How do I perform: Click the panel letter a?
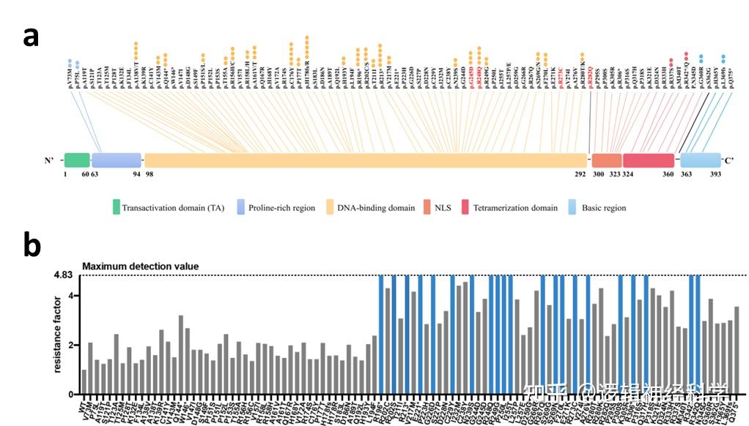[x=31, y=36]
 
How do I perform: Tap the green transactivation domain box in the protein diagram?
[x=77, y=160]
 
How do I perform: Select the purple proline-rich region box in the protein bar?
[x=116, y=160]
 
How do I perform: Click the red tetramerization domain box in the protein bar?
[x=648, y=160]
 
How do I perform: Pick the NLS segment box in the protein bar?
[x=606, y=160]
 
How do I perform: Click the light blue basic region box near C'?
[x=701, y=160]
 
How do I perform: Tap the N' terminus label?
[x=51, y=161]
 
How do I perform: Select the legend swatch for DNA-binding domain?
[x=328, y=207]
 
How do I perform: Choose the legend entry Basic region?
[x=604, y=208]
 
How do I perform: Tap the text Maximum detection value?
[x=140, y=266]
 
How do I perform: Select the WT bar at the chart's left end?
[x=84, y=381]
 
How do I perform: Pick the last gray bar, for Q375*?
[x=737, y=350]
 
